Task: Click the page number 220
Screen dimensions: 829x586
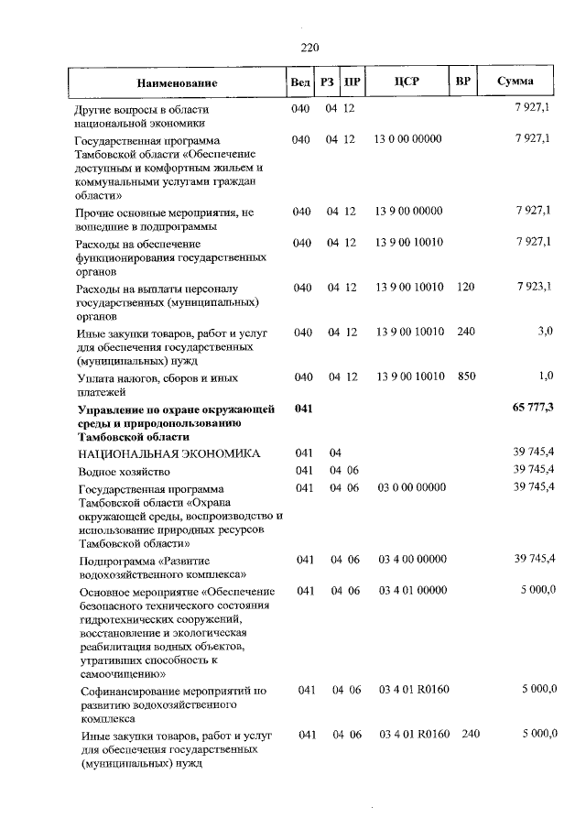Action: (x=309, y=48)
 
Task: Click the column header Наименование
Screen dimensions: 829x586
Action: (x=179, y=83)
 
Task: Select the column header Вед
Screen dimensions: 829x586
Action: (x=299, y=83)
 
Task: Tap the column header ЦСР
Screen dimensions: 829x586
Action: (x=406, y=82)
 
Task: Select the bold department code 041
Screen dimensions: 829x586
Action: (x=303, y=409)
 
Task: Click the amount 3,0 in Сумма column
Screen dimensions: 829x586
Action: (x=545, y=331)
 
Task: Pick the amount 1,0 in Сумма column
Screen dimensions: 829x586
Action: (x=545, y=377)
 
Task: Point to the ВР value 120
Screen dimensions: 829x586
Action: (x=465, y=288)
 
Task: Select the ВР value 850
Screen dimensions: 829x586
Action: (x=465, y=377)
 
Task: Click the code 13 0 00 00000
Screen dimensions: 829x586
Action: (x=408, y=139)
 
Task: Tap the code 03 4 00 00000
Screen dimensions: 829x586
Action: (x=412, y=559)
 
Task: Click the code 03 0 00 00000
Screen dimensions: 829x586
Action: (x=412, y=487)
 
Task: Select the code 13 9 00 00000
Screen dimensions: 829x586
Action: (x=408, y=212)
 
